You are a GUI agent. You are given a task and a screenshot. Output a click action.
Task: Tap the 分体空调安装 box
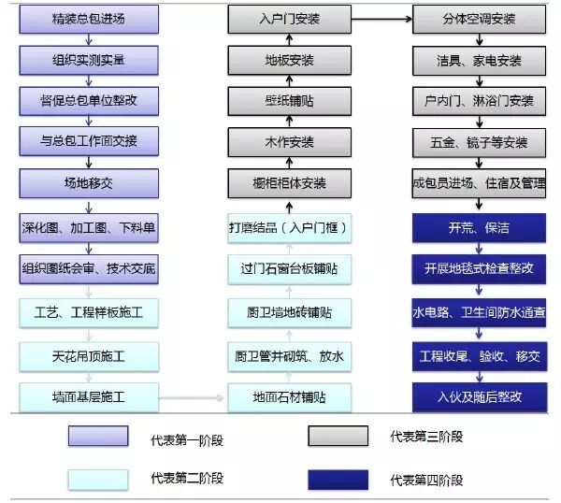(x=480, y=19)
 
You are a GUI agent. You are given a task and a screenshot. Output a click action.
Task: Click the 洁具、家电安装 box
(x=480, y=60)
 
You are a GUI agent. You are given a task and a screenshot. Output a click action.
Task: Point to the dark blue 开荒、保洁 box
(x=480, y=227)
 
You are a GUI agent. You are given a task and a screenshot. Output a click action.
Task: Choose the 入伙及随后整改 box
(x=480, y=397)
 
